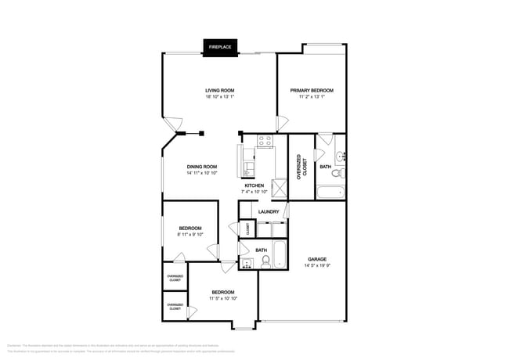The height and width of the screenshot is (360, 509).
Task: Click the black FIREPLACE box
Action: pyautogui.click(x=219, y=48)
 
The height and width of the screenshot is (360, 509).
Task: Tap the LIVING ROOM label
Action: pyautogui.click(x=219, y=91)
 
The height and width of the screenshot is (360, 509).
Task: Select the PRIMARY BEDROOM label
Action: pyautogui.click(x=311, y=91)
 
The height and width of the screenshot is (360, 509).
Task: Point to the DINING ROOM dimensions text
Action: pyautogui.click(x=201, y=173)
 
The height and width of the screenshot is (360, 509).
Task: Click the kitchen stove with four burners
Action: pyautogui.click(x=265, y=142)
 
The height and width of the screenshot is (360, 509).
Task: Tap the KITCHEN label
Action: pyautogui.click(x=254, y=185)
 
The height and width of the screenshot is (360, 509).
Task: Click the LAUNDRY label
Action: pyautogui.click(x=269, y=211)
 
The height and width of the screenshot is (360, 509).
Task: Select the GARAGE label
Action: pyautogui.click(x=316, y=259)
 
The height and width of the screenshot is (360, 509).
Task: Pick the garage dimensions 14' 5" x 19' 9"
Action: pyautogui.click(x=316, y=266)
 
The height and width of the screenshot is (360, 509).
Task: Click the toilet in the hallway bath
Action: pyautogui.click(x=265, y=262)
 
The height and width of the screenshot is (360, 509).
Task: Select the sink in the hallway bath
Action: pyautogui.click(x=246, y=263)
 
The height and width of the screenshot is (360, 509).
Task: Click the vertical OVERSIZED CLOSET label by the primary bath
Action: pyautogui.click(x=301, y=167)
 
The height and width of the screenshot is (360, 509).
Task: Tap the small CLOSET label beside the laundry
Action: pyautogui.click(x=247, y=229)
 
